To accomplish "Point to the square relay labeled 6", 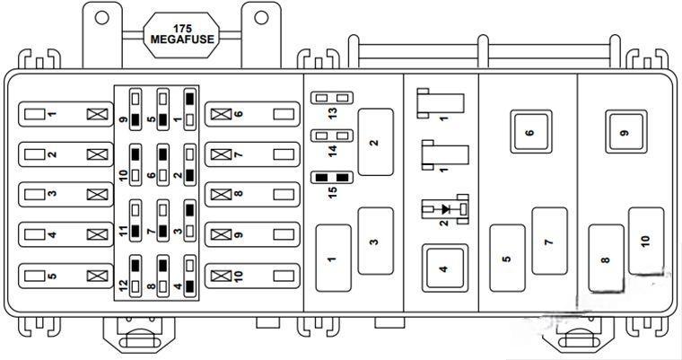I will tap(529, 132).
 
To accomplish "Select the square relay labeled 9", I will tap(624, 132).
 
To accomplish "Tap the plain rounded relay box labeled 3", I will tap(375, 240).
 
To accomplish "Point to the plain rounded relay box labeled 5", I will tap(507, 259).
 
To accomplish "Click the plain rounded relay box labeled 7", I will tap(548, 241).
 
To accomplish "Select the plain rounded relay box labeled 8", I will tap(606, 259).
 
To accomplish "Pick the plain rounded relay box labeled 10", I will tap(646, 240).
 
